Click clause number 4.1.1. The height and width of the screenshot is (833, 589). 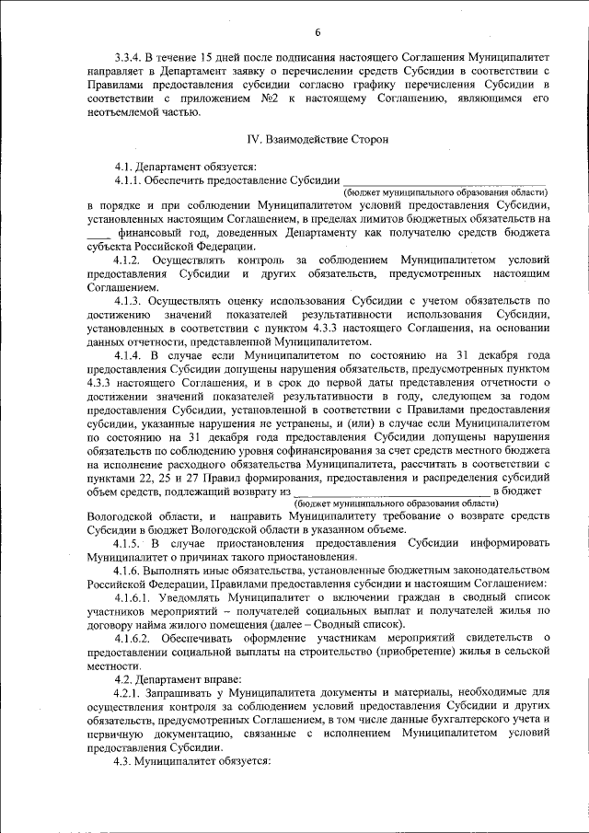click(x=130, y=179)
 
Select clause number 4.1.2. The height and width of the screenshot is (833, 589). click(x=131, y=260)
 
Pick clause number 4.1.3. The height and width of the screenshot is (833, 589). click(x=131, y=301)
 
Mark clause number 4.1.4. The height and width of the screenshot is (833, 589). click(x=131, y=355)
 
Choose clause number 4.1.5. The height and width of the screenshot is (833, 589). click(x=131, y=543)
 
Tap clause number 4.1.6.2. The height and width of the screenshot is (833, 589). click(x=135, y=639)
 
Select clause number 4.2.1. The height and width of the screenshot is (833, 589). click(x=131, y=693)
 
